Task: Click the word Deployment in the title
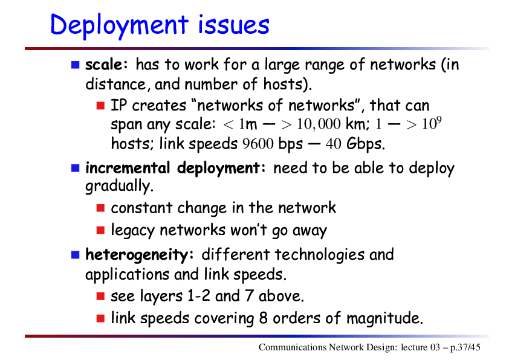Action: coord(119,25)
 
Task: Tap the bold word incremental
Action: coord(128,168)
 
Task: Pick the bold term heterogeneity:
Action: coord(140,255)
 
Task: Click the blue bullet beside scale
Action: coord(76,65)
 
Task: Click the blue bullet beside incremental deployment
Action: coord(76,168)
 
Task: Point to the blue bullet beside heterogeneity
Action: coord(76,255)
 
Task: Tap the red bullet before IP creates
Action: coord(100,106)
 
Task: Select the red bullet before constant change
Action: coord(100,208)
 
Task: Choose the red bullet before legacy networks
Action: coord(100,230)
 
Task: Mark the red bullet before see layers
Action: coord(100,296)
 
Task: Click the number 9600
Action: coord(258,144)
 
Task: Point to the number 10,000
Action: coord(319,124)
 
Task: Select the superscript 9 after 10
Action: coord(439,120)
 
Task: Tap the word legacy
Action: coord(132,231)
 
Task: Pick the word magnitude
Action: coord(384,318)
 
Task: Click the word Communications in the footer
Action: coord(293,347)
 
